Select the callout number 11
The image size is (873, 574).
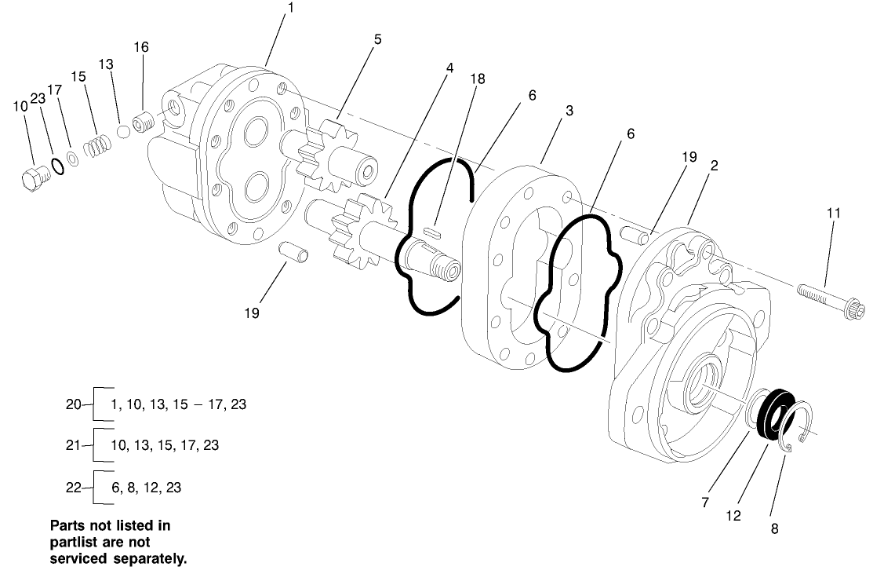[833, 212]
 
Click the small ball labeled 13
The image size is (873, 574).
[123, 131]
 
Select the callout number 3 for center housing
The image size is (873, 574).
[569, 112]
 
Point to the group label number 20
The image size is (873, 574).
[72, 405]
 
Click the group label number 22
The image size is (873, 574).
[72, 487]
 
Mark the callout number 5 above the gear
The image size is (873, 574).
[378, 38]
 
